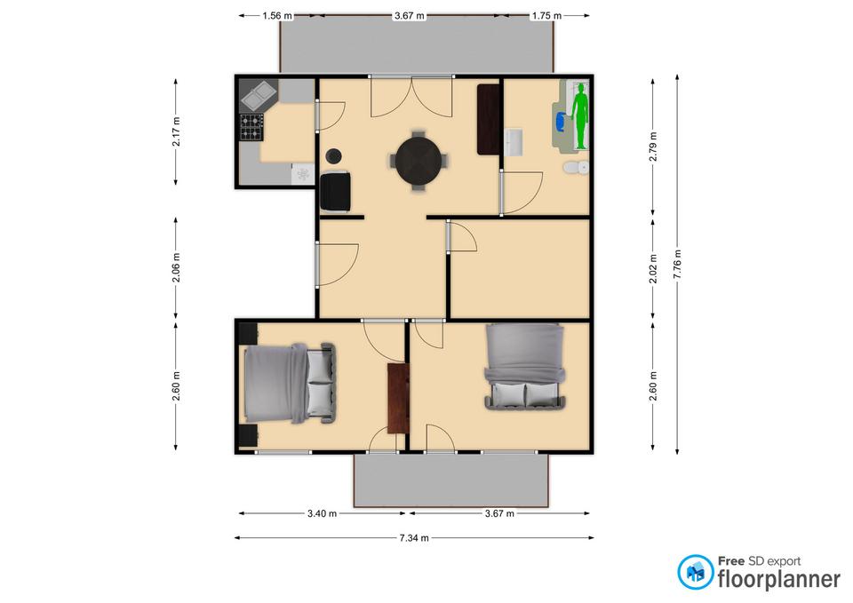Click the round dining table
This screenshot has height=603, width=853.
coord(419,161)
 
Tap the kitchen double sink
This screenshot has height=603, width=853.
coord(259,94)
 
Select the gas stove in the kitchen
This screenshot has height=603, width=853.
coord(251,127)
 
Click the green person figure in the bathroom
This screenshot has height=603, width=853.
coord(581,115)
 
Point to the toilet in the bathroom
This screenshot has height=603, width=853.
coord(576,168)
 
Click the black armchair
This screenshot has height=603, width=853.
coord(335,192)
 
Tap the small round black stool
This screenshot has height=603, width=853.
coord(333,156)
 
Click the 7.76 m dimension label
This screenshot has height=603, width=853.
coord(677,265)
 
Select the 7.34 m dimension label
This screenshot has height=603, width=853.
coord(414,538)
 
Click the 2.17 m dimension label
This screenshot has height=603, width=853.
coord(176,131)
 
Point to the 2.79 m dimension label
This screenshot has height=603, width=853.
coord(653,147)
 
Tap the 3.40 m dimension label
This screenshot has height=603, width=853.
coord(322,513)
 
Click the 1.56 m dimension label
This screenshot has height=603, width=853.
coord(277,16)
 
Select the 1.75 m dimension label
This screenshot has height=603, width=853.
coord(546,16)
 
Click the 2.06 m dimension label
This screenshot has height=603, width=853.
coord(176,268)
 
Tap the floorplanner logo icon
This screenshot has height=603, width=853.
coord(695,572)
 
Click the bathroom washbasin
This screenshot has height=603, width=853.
coord(513,142)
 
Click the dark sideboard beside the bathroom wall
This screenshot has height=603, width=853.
coord(489,119)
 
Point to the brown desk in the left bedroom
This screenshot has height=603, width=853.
coord(398,399)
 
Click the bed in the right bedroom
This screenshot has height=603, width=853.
coord(525,366)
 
